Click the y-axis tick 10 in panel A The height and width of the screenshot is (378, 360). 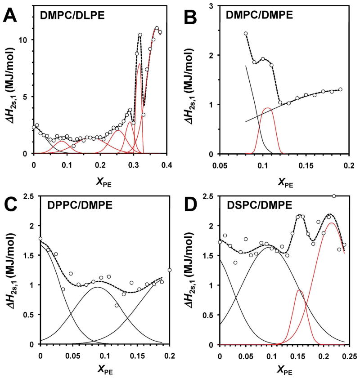pos(25,40)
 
